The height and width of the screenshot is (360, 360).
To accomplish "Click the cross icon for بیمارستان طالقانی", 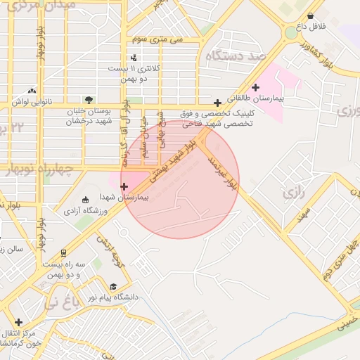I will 255,87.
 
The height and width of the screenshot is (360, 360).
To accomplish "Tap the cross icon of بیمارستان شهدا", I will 124,186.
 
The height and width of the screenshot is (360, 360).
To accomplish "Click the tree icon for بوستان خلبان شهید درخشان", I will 88,100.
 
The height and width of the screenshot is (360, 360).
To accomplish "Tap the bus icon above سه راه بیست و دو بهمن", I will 64,252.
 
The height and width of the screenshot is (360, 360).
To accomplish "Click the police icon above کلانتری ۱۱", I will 134,58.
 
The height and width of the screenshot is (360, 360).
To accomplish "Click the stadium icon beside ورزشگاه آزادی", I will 86,199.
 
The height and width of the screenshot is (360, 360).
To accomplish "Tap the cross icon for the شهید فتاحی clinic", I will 217,103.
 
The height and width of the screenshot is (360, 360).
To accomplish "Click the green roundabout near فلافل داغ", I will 290,32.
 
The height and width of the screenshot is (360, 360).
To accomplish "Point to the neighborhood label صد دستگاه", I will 234,55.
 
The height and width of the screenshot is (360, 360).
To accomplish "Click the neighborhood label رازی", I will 292,191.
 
